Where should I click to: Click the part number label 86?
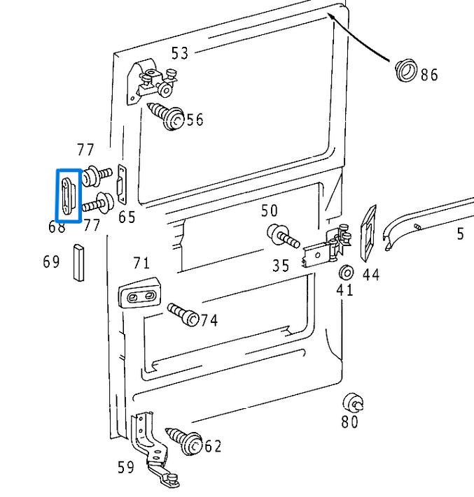429,75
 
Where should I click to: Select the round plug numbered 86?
405,70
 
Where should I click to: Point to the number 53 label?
180,53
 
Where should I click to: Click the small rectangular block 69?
78,261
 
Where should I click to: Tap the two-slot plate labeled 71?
140,296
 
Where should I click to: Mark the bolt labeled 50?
282,235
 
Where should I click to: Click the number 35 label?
281,266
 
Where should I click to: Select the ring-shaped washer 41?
344,272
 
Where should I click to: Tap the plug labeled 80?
352,403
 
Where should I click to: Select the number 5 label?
460,234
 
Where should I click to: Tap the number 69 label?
51,262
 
